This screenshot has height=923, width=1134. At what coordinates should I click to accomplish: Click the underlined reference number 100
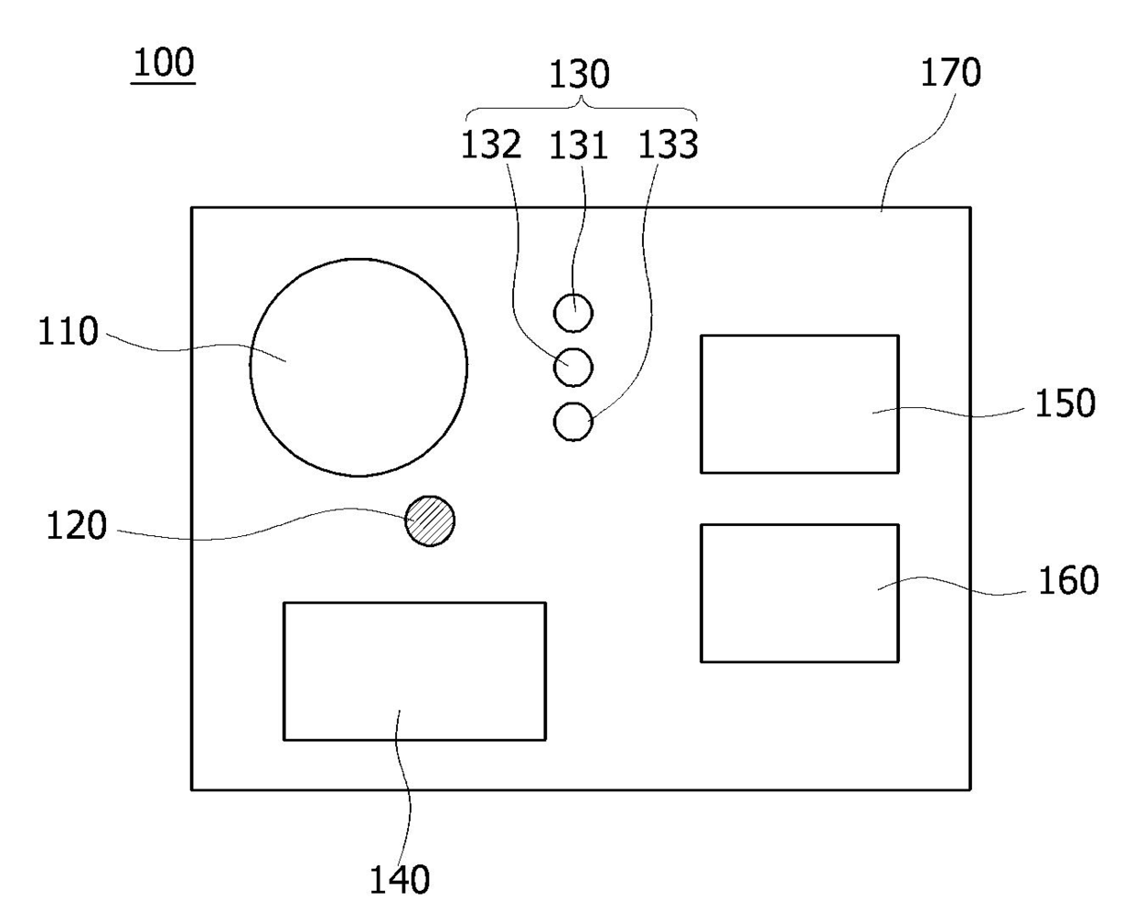(x=164, y=64)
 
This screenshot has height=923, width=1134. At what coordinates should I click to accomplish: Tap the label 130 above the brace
(x=579, y=74)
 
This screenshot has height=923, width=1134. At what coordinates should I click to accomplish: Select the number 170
(x=950, y=72)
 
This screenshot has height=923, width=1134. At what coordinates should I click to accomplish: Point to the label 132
(x=490, y=145)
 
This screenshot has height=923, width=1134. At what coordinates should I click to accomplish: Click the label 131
(x=578, y=145)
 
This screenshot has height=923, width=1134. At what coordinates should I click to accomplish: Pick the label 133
(x=668, y=145)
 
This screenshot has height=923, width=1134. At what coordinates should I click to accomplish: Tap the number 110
(x=68, y=331)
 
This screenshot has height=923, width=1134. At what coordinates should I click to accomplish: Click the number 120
(x=77, y=526)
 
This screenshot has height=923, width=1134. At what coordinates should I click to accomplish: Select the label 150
(x=1064, y=403)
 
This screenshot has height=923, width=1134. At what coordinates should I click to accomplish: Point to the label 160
(x=1067, y=580)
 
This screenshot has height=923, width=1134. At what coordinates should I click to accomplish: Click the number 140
(x=399, y=879)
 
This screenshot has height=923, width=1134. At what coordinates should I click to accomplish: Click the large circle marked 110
(x=358, y=367)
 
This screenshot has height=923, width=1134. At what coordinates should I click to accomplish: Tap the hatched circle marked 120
(x=430, y=521)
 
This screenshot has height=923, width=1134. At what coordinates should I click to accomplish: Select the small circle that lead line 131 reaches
(x=573, y=314)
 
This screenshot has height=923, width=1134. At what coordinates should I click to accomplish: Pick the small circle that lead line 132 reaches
(x=573, y=367)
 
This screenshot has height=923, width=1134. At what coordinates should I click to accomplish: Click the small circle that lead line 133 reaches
(x=573, y=422)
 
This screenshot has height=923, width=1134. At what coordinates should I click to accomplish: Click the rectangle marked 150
(x=799, y=403)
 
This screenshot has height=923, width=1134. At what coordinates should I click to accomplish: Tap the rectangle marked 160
(x=799, y=593)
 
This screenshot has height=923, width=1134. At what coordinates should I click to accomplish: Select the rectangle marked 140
(x=414, y=671)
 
